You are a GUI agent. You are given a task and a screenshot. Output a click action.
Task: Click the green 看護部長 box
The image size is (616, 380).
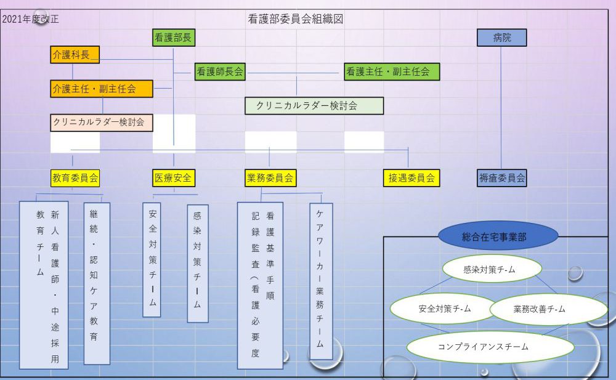click(x=173, y=38)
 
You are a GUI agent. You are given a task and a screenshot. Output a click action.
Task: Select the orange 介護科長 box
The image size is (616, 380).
click(x=75, y=55)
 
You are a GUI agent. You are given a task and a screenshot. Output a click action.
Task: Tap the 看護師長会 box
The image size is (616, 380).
click(x=220, y=71)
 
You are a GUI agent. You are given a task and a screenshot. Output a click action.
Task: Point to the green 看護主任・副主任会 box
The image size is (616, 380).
click(x=392, y=71)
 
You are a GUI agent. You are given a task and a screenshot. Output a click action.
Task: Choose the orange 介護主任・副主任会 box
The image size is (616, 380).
click(x=101, y=89)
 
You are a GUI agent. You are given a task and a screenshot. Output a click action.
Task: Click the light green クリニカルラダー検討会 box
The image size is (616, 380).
click(x=314, y=105)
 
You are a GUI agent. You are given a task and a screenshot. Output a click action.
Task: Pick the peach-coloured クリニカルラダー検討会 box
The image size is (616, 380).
click(x=101, y=123)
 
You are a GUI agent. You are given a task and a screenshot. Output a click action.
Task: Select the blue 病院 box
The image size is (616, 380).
click(x=502, y=38)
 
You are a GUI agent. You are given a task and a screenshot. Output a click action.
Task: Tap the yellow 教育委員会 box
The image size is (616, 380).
click(x=75, y=178)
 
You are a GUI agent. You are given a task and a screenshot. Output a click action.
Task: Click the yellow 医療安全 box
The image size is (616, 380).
click(x=174, y=178)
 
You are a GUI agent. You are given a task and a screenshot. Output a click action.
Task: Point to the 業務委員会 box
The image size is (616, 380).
click(x=270, y=178)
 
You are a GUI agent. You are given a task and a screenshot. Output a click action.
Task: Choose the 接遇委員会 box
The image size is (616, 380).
click(x=411, y=178)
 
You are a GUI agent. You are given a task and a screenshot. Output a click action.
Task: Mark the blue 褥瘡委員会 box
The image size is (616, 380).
click(x=502, y=178)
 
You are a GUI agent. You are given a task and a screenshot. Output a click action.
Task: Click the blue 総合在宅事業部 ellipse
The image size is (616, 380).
click(x=498, y=236)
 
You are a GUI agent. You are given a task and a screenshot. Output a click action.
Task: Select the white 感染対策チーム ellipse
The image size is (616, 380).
click(x=492, y=269)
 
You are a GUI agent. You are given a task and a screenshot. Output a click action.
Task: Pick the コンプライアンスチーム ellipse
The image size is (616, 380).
click(x=490, y=347)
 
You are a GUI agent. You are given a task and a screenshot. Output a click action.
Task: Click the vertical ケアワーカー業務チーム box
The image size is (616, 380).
click(x=321, y=281)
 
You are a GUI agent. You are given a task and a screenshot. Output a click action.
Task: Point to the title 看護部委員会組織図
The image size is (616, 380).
click(x=295, y=19)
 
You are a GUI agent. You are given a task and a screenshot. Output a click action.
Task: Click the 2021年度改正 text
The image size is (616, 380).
click(x=31, y=19)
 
